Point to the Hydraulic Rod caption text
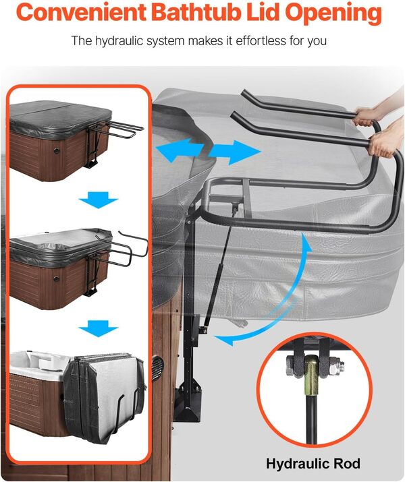coord(313,464)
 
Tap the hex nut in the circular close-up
coord(295,368)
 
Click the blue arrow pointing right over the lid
coord(234,152)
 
